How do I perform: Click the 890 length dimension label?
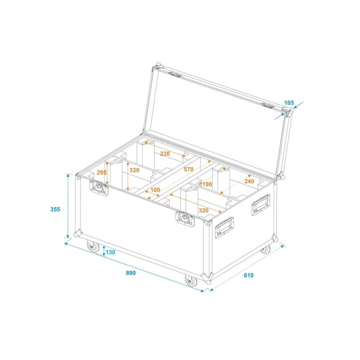(x=131, y=273)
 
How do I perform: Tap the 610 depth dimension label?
(x=249, y=275)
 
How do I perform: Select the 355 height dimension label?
(x=55, y=209)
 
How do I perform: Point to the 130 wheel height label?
(x=111, y=252)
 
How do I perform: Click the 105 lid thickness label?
(x=289, y=103)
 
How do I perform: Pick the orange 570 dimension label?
(x=189, y=169)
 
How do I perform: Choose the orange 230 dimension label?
(x=165, y=153)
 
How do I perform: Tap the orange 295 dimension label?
(x=102, y=172)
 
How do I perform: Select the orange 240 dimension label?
(x=249, y=181)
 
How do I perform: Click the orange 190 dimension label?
(x=207, y=184)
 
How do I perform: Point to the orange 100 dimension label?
(x=155, y=190)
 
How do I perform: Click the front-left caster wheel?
(x=93, y=246)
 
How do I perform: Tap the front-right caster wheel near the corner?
(x=191, y=280)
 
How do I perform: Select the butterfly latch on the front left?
(x=99, y=188)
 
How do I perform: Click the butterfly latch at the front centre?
(x=185, y=219)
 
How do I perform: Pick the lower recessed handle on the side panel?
(x=224, y=227)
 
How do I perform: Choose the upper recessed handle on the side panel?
(x=261, y=204)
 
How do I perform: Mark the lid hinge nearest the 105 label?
(x=268, y=105)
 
